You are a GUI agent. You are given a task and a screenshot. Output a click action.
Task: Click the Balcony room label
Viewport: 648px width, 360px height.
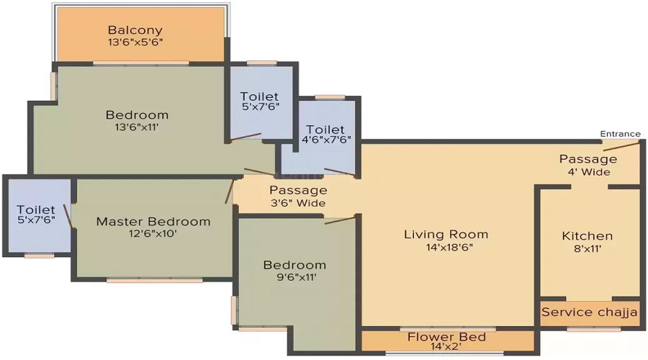pyautogui.click(x=135, y=30)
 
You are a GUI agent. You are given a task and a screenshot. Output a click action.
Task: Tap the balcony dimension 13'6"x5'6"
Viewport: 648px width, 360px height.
pyautogui.click(x=135, y=42)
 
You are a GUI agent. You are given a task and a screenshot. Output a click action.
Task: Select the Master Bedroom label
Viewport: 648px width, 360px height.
pyautogui.click(x=153, y=222)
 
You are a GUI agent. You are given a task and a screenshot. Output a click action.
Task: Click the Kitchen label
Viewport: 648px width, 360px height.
pyautogui.click(x=588, y=236)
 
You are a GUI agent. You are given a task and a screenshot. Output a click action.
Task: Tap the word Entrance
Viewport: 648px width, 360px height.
pyautogui.click(x=621, y=134)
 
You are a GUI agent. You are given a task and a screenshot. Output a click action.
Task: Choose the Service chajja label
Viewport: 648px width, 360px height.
pyautogui.click(x=589, y=312)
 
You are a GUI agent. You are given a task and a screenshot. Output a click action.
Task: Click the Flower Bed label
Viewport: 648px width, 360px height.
pyautogui.click(x=446, y=337)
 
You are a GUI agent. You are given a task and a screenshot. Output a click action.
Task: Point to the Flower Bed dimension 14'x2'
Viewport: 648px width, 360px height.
pyautogui.click(x=446, y=346)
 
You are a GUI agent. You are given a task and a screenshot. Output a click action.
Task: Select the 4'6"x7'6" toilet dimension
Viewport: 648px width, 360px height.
pyautogui.click(x=326, y=140)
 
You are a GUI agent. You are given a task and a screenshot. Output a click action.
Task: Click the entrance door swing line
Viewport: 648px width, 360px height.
pyautogui.click(x=621, y=146)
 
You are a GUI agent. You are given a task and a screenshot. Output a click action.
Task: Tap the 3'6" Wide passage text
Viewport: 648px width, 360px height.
pyautogui.click(x=298, y=203)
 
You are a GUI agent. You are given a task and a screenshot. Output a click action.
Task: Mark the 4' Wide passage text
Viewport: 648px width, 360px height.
pyautogui.click(x=588, y=172)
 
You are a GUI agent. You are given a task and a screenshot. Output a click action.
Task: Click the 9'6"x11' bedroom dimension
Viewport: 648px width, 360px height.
pyautogui.click(x=297, y=277)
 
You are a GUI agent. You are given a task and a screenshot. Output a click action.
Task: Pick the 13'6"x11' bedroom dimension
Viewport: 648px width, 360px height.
pyautogui.click(x=137, y=127)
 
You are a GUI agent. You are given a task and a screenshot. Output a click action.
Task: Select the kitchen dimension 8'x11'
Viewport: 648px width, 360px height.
pyautogui.click(x=588, y=249)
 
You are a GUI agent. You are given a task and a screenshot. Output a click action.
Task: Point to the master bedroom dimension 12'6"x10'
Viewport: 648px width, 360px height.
pyautogui.click(x=153, y=234)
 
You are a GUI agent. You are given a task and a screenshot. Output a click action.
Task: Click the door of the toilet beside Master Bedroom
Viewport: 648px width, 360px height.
pyautogui.click(x=68, y=216)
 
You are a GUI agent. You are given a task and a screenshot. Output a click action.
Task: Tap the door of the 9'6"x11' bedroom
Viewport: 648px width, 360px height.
pyautogui.click(x=340, y=220)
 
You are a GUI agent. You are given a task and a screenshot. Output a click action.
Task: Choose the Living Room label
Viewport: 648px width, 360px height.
pyautogui.click(x=446, y=235)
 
